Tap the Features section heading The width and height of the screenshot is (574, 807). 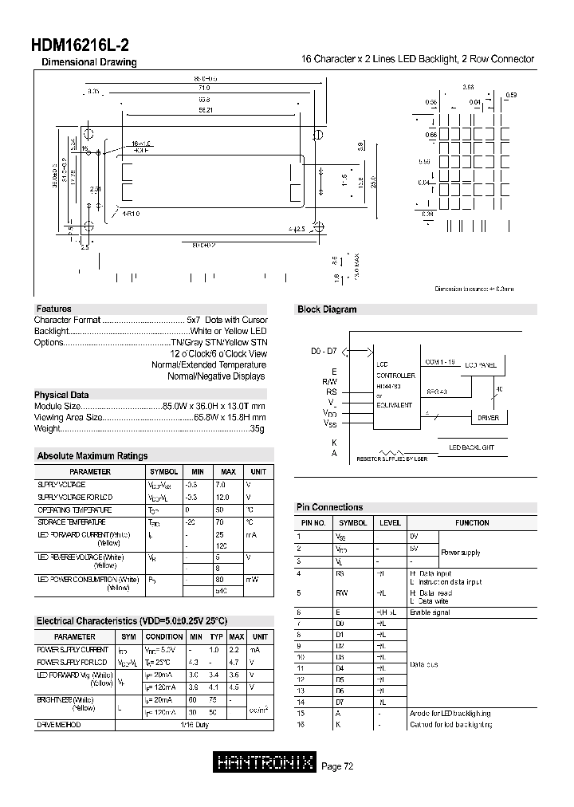click(x=53, y=309)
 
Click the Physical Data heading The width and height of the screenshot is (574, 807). click(x=61, y=395)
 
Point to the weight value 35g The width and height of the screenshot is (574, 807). click(x=256, y=429)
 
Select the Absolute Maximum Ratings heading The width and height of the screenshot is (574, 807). click(x=92, y=456)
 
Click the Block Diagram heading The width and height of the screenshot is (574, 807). click(x=327, y=309)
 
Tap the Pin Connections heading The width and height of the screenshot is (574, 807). click(x=329, y=507)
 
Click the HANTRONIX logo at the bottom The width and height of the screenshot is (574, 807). click(x=265, y=764)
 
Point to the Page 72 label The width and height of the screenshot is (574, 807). click(x=337, y=766)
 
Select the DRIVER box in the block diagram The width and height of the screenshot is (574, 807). click(x=488, y=417)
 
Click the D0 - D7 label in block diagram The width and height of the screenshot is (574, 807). click(x=324, y=352)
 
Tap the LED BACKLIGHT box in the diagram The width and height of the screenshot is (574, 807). click(x=471, y=447)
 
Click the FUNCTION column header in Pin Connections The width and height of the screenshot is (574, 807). click(x=472, y=523)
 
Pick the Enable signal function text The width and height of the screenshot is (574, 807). click(x=430, y=612)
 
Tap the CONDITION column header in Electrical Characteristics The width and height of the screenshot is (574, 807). click(x=164, y=636)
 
